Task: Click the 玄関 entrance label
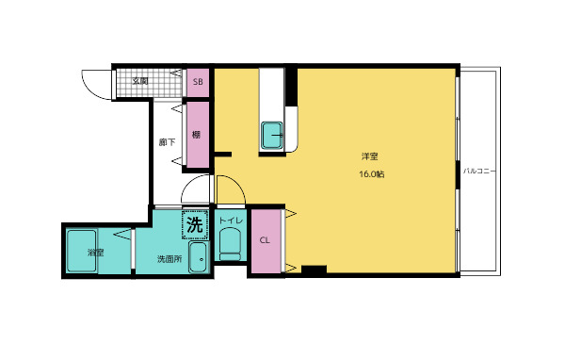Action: [139, 81]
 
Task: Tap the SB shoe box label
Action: [198, 82]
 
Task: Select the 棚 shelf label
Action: [196, 135]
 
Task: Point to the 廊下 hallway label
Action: [168, 142]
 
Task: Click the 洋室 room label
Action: [370, 156]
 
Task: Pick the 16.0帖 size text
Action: [372, 174]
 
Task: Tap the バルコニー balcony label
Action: [479, 171]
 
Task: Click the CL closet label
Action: [265, 240]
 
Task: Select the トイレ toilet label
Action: [231, 221]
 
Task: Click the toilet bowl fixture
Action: [230, 244]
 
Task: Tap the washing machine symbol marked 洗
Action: [195, 225]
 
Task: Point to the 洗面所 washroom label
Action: [169, 258]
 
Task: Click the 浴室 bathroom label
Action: [95, 253]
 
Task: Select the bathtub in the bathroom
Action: [81, 251]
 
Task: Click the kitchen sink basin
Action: [272, 136]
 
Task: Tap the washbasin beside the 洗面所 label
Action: [198, 257]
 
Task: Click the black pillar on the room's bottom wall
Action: [315, 270]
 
